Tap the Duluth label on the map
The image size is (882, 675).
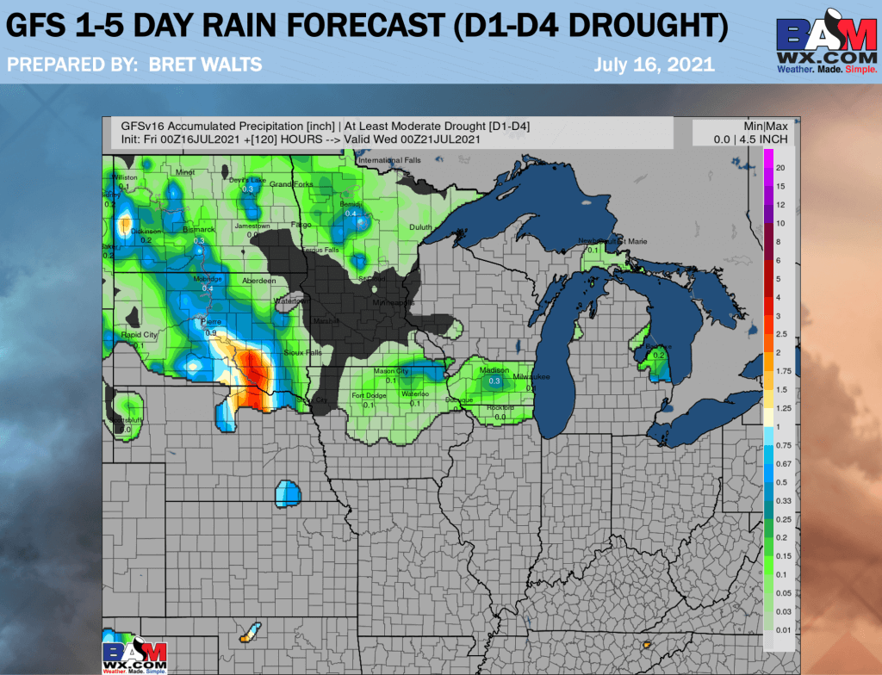click(x=419, y=226)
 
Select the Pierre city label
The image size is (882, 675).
click(x=211, y=321)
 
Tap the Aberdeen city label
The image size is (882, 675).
click(x=258, y=281)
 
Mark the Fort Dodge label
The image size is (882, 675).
click(x=369, y=395)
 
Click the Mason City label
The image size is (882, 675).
click(x=390, y=371)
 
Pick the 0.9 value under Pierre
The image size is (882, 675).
click(x=211, y=332)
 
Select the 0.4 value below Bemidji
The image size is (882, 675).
click(x=351, y=214)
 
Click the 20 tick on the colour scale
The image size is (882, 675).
click(x=780, y=167)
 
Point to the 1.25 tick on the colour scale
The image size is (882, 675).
click(x=782, y=408)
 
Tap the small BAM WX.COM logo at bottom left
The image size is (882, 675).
click(x=134, y=656)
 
